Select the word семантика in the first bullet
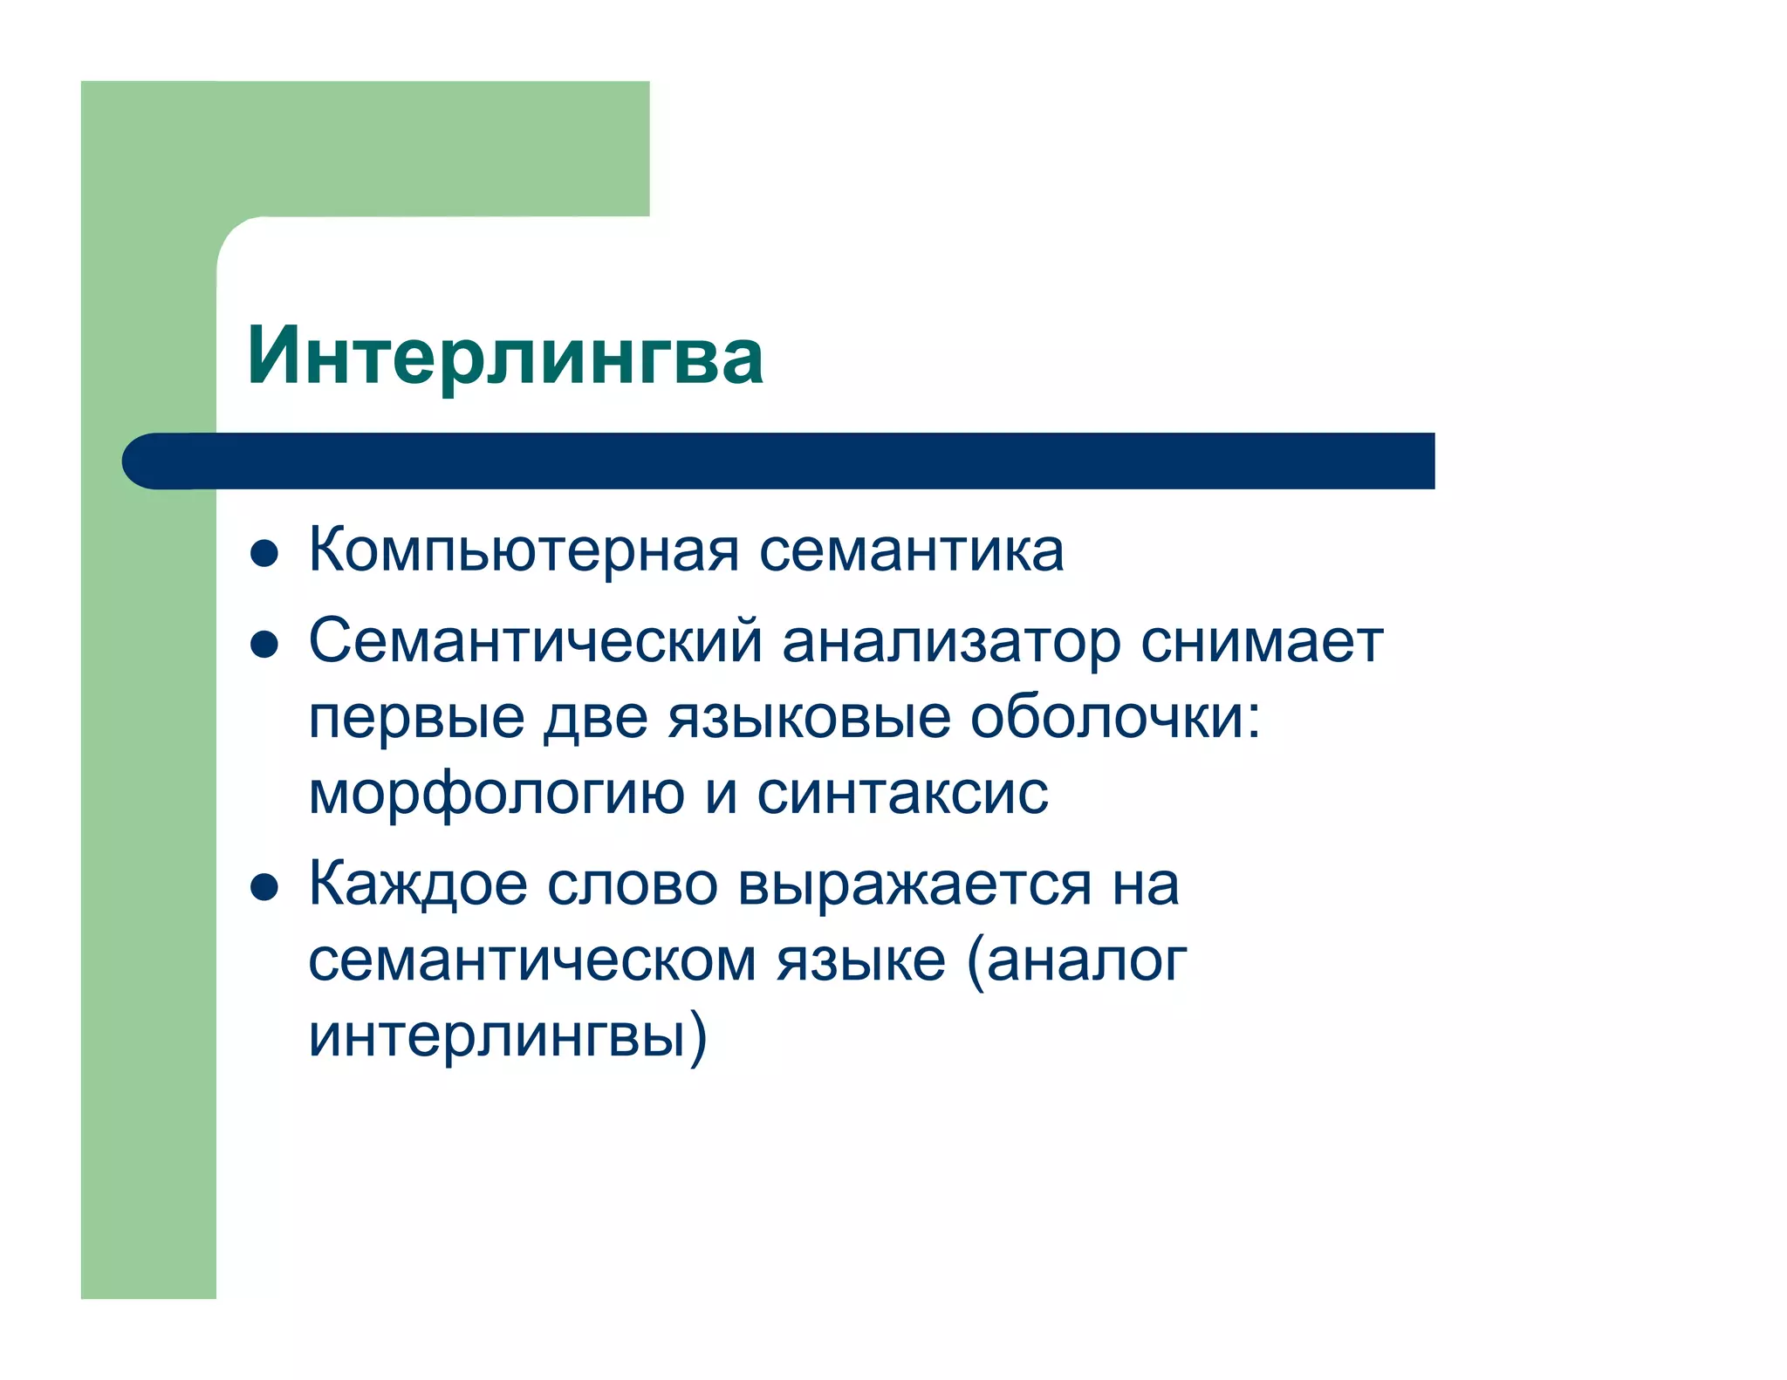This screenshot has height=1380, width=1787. (x=911, y=551)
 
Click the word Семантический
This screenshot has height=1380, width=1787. (x=536, y=642)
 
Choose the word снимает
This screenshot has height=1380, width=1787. (x=1262, y=642)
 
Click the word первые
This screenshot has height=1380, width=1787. (x=416, y=717)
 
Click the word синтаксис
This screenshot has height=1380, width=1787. (x=902, y=794)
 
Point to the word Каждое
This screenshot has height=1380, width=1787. (x=418, y=885)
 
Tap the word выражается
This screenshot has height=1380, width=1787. (x=914, y=885)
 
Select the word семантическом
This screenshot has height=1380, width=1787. (x=532, y=960)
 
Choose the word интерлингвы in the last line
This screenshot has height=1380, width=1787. (x=496, y=1036)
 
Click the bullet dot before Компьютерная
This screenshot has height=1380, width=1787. (x=264, y=554)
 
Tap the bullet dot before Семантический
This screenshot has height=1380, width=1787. (x=264, y=645)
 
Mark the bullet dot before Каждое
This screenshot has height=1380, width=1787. (x=264, y=887)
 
